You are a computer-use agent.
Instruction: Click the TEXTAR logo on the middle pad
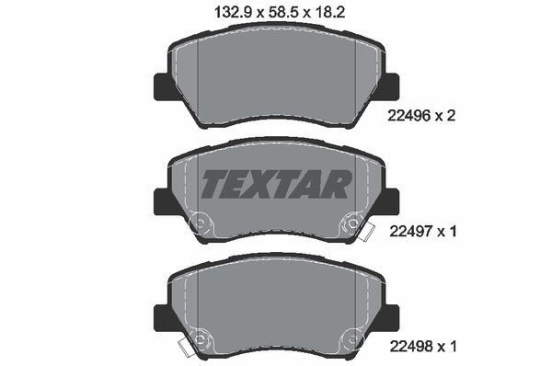(275, 184)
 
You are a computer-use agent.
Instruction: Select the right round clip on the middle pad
(351, 223)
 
